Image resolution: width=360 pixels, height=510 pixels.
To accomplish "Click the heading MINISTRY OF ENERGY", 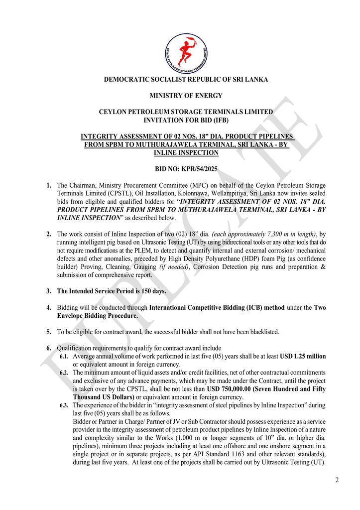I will point(186,96).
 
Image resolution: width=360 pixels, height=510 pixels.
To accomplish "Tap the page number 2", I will point(337,480).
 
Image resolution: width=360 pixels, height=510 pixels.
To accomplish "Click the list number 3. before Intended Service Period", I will point(49,291).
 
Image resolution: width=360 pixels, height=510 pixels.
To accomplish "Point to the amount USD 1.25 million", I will point(303,357).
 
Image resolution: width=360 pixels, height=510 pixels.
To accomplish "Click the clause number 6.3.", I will point(64,405).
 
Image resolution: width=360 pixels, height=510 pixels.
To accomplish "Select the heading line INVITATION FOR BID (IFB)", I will point(186,120).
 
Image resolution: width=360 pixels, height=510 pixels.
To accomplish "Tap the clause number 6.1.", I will point(64,357).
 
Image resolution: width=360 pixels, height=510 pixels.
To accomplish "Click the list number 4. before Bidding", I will point(49,308).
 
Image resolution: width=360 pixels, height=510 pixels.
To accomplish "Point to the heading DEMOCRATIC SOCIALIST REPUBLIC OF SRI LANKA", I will point(186,80).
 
